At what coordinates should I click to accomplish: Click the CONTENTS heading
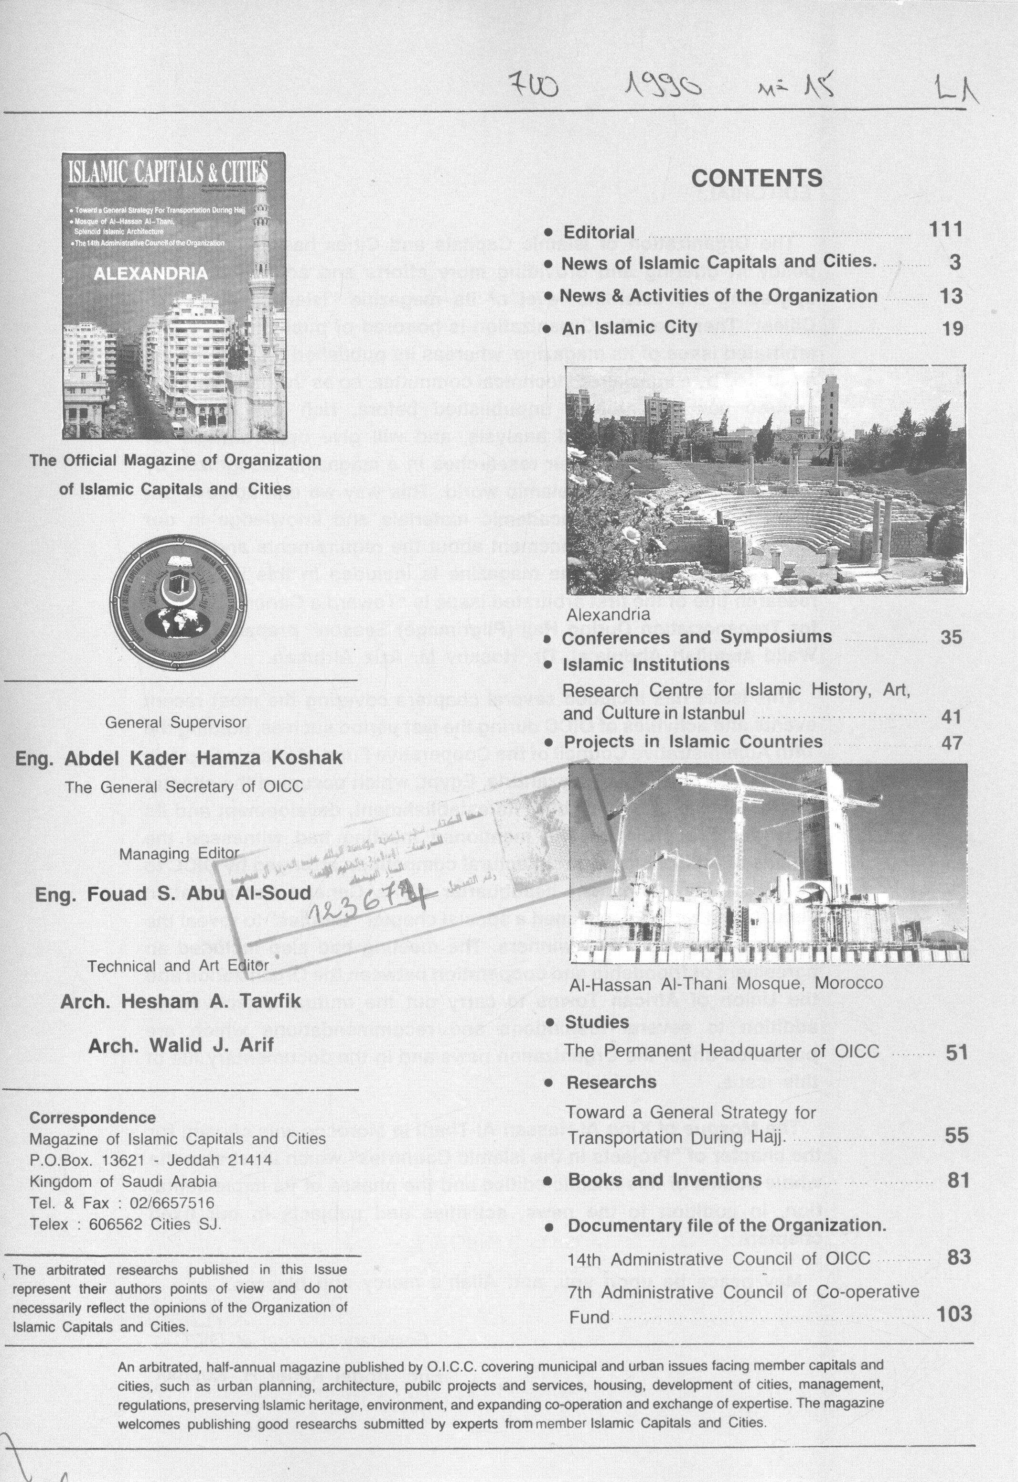[757, 179]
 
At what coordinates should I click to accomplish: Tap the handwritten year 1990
[664, 85]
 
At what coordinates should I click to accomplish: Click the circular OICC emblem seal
[178, 602]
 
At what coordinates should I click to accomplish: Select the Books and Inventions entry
[664, 1180]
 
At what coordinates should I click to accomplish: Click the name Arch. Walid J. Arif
[181, 1045]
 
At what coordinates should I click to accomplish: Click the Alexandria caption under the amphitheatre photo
[608, 614]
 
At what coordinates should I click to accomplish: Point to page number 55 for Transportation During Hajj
[956, 1135]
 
